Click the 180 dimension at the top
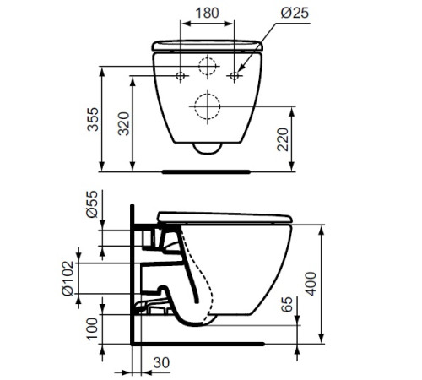[x=208, y=14]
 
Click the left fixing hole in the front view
[x=181, y=76]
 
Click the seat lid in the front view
[x=208, y=44]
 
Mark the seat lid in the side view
[x=228, y=215]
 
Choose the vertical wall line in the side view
[x=133, y=279]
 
